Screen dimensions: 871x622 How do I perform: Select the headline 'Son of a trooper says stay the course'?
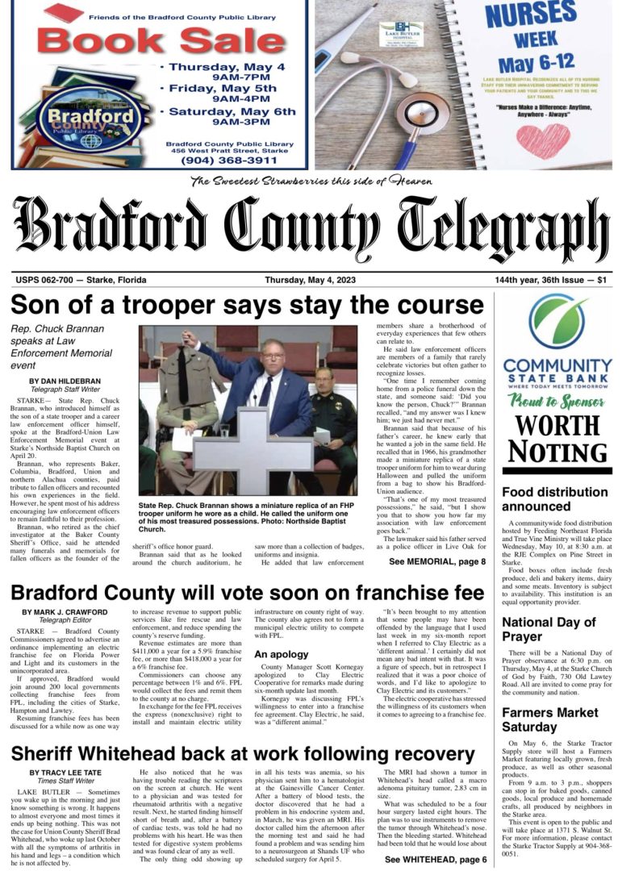(x=247, y=306)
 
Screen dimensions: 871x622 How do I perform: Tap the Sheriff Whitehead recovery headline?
(x=243, y=754)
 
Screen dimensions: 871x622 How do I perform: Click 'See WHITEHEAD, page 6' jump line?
(x=436, y=860)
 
